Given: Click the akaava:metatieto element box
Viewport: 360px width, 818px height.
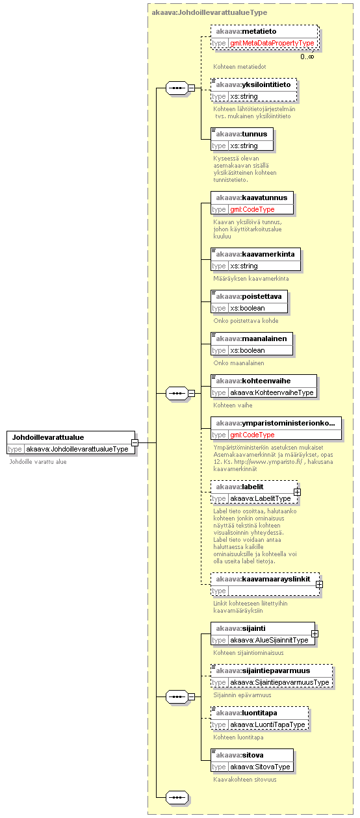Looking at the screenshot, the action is coord(264,37).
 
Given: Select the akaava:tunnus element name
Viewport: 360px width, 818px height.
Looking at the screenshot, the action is coord(241,134).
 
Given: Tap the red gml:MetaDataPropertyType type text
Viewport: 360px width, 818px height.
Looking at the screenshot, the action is coord(272,43).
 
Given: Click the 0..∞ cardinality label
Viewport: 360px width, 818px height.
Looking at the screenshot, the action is coord(307,57).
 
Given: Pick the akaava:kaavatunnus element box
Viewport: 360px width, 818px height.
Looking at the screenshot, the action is coord(252,203).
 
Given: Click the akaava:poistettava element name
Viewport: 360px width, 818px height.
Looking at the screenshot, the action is coord(249,296).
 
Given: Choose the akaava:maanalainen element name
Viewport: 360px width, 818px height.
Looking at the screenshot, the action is coord(251,339).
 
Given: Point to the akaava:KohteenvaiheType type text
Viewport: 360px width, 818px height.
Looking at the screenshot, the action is coord(272,392).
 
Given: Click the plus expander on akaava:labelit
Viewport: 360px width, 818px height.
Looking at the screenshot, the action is coord(297,492).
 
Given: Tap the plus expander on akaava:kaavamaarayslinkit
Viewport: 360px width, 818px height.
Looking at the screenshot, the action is coord(319,584).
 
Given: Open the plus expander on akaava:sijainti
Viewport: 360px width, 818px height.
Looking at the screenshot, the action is coord(315,634).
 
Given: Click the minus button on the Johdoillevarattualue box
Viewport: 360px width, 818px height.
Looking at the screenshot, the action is coord(135,442).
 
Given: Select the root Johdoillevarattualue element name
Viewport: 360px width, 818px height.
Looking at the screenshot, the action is coord(48,437).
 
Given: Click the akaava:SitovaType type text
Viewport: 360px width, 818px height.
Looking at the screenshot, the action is coord(260,767).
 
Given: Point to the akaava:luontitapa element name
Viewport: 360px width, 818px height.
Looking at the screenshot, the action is coord(246,713).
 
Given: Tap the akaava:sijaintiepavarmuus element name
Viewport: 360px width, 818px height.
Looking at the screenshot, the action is coord(263,671).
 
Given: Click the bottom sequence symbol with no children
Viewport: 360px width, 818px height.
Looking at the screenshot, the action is coord(177,797).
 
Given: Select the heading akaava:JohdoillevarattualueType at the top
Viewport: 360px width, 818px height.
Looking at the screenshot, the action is coord(209,12).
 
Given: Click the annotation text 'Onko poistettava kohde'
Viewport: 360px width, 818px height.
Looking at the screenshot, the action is coord(246,320).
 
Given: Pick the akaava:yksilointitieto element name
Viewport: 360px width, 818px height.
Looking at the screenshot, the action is coord(253,84).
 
